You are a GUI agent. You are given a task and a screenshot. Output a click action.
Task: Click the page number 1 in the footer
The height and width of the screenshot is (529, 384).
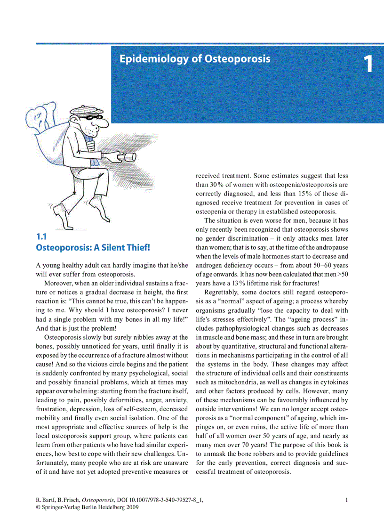(347, 500)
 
